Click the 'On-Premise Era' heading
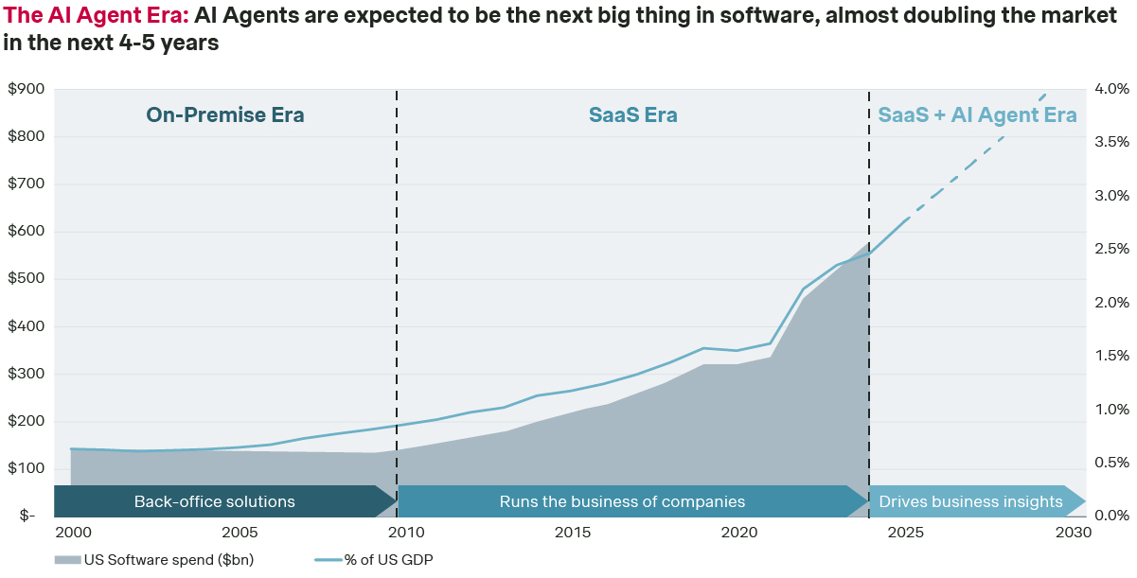point(225,115)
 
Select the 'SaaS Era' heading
point(632,115)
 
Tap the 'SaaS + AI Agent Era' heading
point(977,115)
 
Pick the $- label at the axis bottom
point(22,517)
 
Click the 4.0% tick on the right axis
point(1112,89)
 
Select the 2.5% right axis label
point(1112,249)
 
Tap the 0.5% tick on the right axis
point(1112,463)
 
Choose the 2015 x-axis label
point(574,533)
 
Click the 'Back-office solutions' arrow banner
point(215,501)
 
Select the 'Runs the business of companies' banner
point(622,501)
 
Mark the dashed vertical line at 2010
point(397,284)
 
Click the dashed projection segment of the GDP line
point(975,161)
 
